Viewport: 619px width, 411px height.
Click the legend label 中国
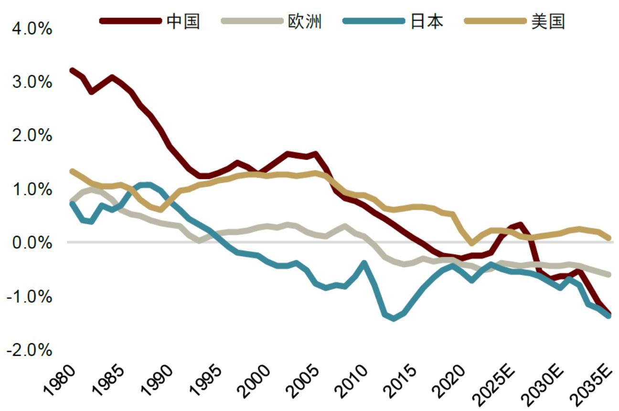pos(183,21)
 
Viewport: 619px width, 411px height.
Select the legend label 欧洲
pos(305,21)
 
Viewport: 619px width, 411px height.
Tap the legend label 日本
pos(427,21)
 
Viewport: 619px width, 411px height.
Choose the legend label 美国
pos(548,21)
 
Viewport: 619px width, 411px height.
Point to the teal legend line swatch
pos(374,21)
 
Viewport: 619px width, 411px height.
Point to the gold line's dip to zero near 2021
pos(472,242)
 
